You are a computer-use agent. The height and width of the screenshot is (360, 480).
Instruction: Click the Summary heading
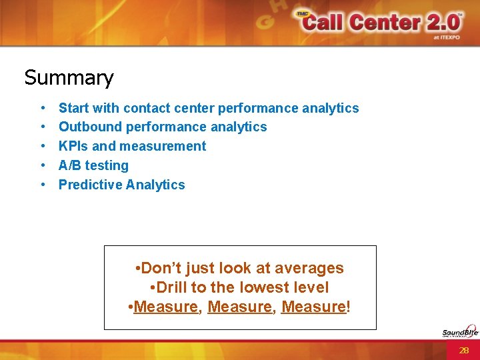pos(69,78)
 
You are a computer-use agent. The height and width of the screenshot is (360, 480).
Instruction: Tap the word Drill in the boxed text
pos(172,287)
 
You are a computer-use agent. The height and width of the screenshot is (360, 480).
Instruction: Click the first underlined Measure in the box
pos(166,307)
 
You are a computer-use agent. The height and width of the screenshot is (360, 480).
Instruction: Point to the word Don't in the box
pos(161,269)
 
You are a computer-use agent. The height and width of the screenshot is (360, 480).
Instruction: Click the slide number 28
pos(464,350)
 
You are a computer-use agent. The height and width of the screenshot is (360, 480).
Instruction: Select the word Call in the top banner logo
pos(325,23)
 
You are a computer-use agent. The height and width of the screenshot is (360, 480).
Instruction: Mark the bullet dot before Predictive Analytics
pos(43,185)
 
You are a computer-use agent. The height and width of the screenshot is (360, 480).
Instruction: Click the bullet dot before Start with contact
pos(43,108)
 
